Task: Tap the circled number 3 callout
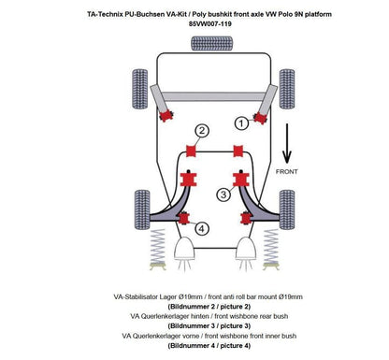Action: coord(223,194)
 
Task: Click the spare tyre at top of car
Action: coord(196,43)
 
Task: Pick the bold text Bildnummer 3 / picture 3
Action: coord(194,326)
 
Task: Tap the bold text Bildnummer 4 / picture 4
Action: coord(194,346)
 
